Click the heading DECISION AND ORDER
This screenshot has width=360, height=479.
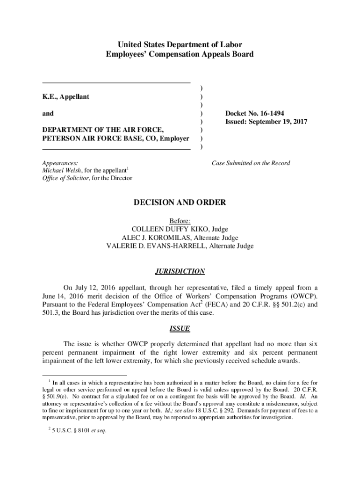pyautogui.click(x=180, y=203)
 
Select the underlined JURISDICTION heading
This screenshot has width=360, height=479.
pyautogui.click(x=180, y=271)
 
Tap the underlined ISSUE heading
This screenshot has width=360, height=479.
pyautogui.click(x=180, y=328)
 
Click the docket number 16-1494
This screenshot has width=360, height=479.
pyautogui.click(x=268, y=113)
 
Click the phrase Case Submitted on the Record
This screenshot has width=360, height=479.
pyautogui.click(x=251, y=163)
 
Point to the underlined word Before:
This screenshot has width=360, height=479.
pyautogui.click(x=180, y=221)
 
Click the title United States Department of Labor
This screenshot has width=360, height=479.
pyautogui.click(x=180, y=45)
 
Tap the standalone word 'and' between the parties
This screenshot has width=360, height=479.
pyautogui.click(x=48, y=113)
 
